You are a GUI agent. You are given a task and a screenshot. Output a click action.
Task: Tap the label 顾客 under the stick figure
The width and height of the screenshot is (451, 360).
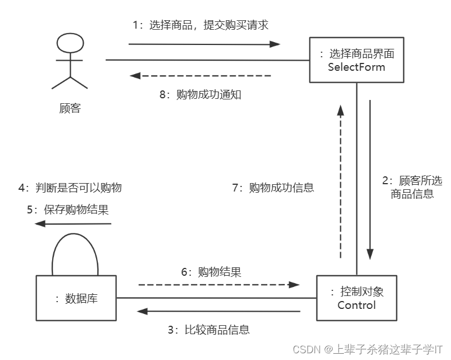pos(70,108)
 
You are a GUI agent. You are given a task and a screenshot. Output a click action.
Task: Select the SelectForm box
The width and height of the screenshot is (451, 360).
pos(357,61)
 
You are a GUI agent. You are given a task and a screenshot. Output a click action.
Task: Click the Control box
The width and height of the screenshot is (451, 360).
pos(357,298)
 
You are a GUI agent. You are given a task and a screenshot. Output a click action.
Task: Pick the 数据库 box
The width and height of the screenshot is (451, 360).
pos(76,298)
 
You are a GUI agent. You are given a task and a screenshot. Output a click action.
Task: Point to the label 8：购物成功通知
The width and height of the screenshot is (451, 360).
pos(201,94)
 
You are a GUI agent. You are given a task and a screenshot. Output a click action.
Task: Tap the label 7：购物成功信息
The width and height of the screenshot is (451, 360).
pos(273,188)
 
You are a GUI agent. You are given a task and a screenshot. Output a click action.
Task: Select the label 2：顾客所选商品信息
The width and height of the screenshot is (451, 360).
pos(412,188)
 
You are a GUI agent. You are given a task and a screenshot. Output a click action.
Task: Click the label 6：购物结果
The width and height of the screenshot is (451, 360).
pos(211,272)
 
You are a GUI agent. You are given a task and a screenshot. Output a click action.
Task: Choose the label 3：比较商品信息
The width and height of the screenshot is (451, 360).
pos(208,330)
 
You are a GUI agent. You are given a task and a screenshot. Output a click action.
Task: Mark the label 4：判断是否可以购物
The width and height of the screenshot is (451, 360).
pos(70,188)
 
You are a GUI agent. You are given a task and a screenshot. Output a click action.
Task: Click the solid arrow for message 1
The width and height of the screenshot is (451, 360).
pos(204,44)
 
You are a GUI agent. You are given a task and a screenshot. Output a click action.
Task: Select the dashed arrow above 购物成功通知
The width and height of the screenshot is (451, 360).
pos(201,75)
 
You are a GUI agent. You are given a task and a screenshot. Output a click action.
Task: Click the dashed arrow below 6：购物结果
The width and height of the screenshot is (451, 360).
pos(219,285)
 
